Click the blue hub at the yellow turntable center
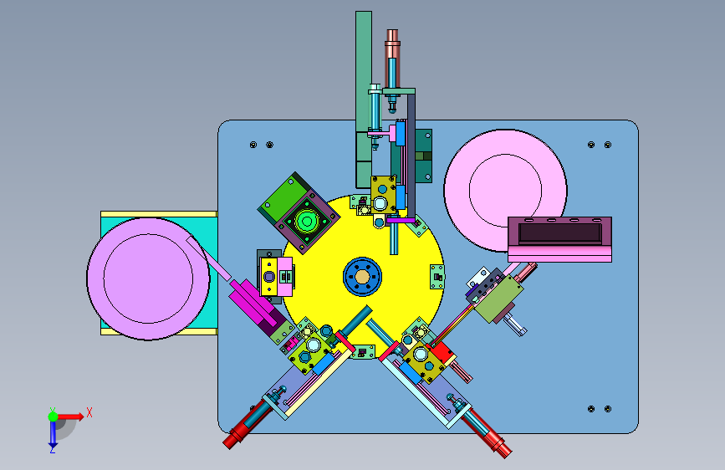pyautogui.click(x=362, y=277)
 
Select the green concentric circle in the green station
pyautogui.click(x=306, y=221)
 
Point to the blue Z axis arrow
pyautogui.click(x=53, y=433)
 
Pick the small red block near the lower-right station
pyautogui.click(x=442, y=352)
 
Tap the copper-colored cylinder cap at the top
pyautogui.click(x=392, y=38)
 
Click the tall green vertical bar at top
pyautogui.click(x=364, y=100)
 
